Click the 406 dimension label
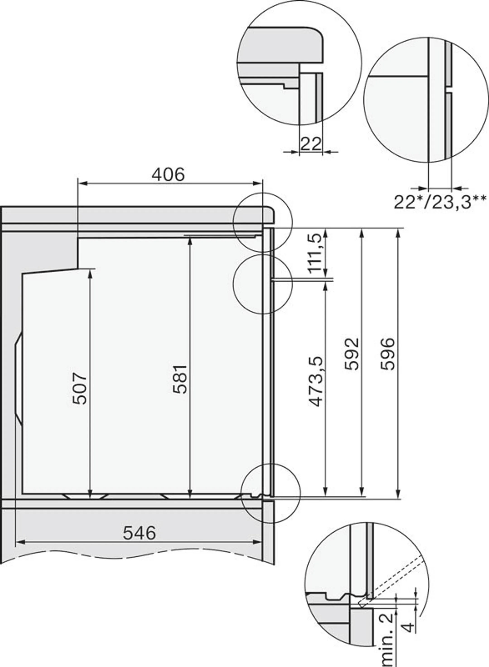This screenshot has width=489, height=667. [x=168, y=175]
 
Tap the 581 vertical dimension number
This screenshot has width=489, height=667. [x=180, y=379]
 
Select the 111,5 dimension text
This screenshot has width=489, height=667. [x=314, y=254]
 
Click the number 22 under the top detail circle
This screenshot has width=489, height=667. [x=311, y=144]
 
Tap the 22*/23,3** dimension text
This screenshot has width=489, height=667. [x=440, y=202]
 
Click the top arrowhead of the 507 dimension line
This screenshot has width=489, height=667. [x=90, y=272]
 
